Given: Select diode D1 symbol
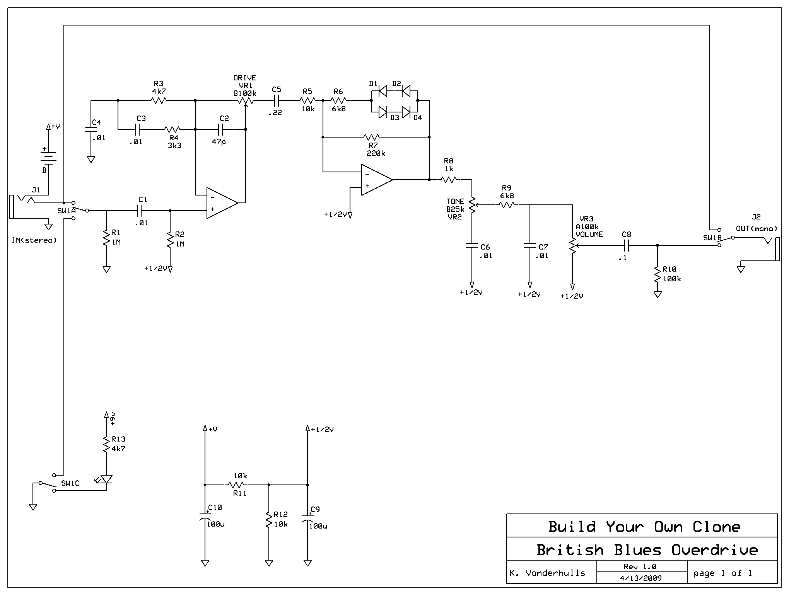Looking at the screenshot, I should coord(383,91).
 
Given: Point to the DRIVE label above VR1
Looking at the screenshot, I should coord(244,78).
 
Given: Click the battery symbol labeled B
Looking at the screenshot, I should coord(48,156).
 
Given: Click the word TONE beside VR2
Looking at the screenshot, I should coord(455,201).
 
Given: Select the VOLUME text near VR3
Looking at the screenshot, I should coord(589,234).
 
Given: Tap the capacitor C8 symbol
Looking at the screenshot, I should coord(627,245).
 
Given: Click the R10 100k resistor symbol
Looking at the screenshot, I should coord(657,274).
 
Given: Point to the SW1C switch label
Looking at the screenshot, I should coord(70,483).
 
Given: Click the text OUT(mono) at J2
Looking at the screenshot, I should coord(756,228).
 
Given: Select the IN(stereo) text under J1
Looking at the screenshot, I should coord(34,240).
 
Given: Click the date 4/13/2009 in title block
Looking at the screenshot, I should coord(640,578).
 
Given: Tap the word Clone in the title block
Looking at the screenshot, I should coord(716,527).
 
